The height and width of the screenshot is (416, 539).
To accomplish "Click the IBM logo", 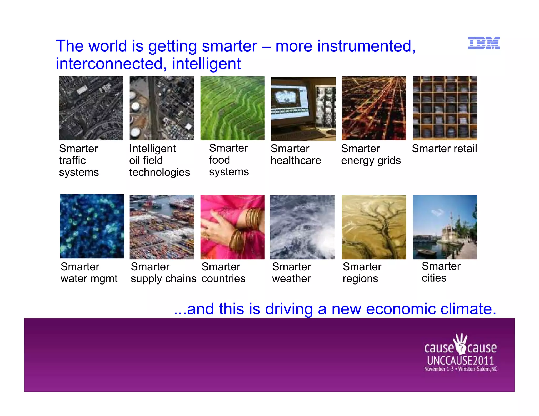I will pos(484,43).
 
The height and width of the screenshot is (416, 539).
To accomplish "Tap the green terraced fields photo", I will pos(232,108).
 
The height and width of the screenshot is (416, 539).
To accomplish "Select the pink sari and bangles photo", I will pos(232,227).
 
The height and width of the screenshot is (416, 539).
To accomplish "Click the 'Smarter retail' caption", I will pos(444,149).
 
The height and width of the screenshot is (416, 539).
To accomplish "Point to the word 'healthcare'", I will pos(296,160).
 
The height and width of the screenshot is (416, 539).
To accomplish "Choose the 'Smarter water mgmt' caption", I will pos(89,272).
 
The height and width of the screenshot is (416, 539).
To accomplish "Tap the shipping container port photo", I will pos(162,227).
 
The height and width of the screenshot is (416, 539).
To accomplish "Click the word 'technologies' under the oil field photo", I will pos(159,172).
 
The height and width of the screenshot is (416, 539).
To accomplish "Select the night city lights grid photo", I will pos(374,108).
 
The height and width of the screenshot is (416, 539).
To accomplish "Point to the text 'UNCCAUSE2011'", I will pos(460,360).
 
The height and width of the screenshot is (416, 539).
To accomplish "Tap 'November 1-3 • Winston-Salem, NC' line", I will pos(460,369).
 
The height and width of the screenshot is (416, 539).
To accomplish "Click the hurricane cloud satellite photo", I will pos(302,227).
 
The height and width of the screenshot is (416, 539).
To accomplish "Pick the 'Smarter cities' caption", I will pos(441,272).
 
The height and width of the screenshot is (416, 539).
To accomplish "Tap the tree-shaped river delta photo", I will pos(374,227).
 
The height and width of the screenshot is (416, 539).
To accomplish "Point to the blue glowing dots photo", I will pos(92,226).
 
